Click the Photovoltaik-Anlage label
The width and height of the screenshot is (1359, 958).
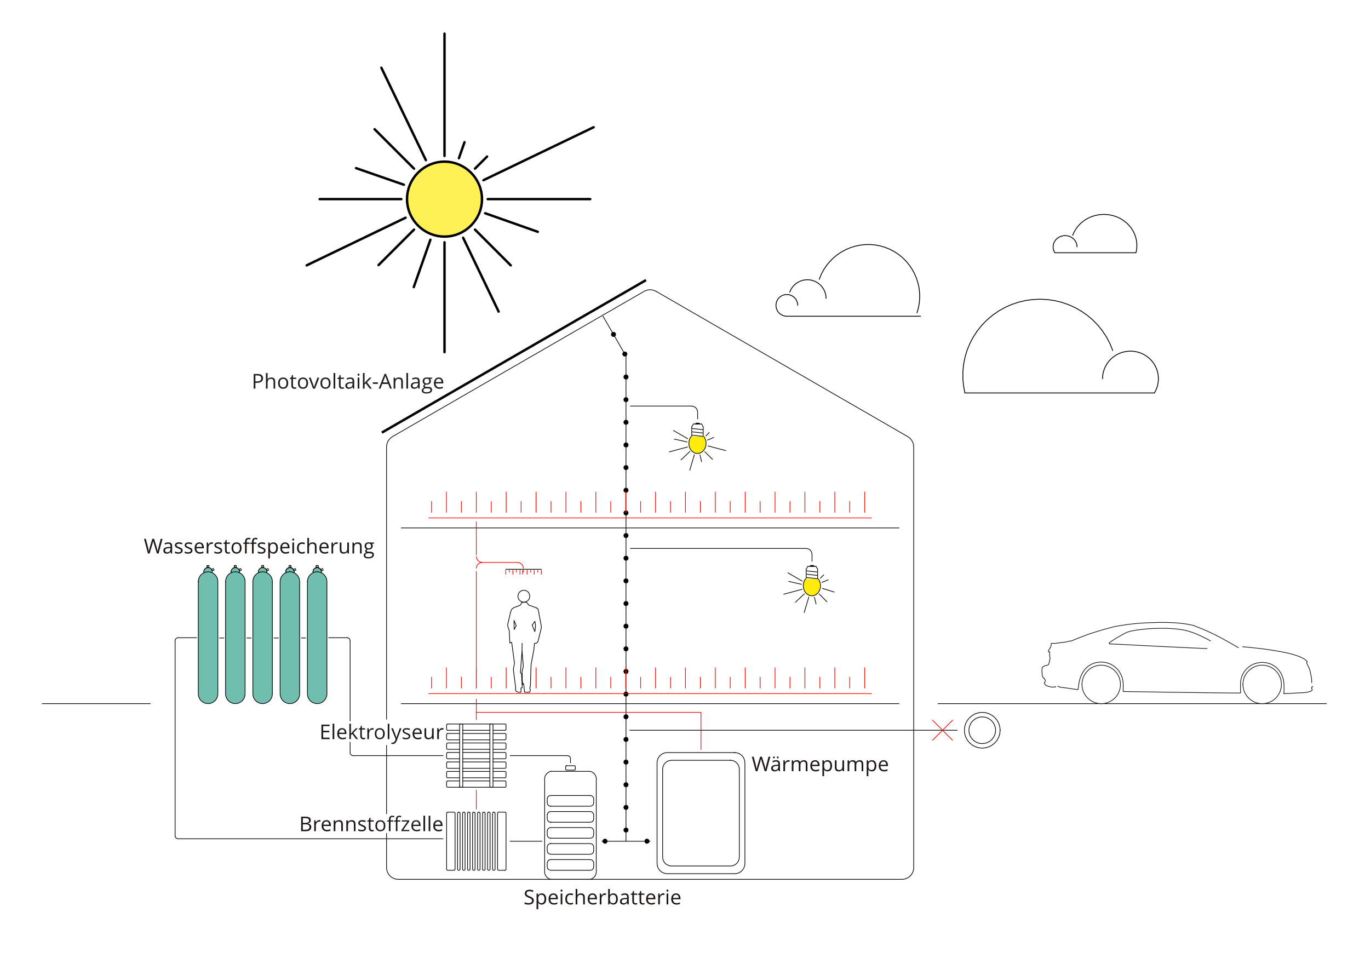click(x=347, y=382)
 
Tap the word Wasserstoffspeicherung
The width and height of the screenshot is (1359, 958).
click(x=259, y=546)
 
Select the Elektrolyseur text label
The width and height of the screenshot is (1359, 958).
click(x=381, y=732)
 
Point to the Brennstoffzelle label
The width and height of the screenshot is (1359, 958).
click(x=371, y=824)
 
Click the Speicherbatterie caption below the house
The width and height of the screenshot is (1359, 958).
click(x=602, y=897)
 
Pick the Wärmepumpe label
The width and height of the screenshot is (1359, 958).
click(x=820, y=764)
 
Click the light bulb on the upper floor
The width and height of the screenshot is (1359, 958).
click(x=697, y=443)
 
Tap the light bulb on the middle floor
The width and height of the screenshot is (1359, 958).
click(x=811, y=586)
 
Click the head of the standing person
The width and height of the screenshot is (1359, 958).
click(x=523, y=596)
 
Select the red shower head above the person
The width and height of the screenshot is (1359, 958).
click(x=523, y=571)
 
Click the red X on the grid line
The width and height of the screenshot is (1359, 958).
click(x=942, y=730)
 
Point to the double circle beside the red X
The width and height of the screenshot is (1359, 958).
click(x=982, y=730)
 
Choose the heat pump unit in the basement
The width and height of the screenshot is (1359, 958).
click(x=701, y=812)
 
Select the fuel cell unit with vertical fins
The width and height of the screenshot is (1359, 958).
click(x=476, y=841)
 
